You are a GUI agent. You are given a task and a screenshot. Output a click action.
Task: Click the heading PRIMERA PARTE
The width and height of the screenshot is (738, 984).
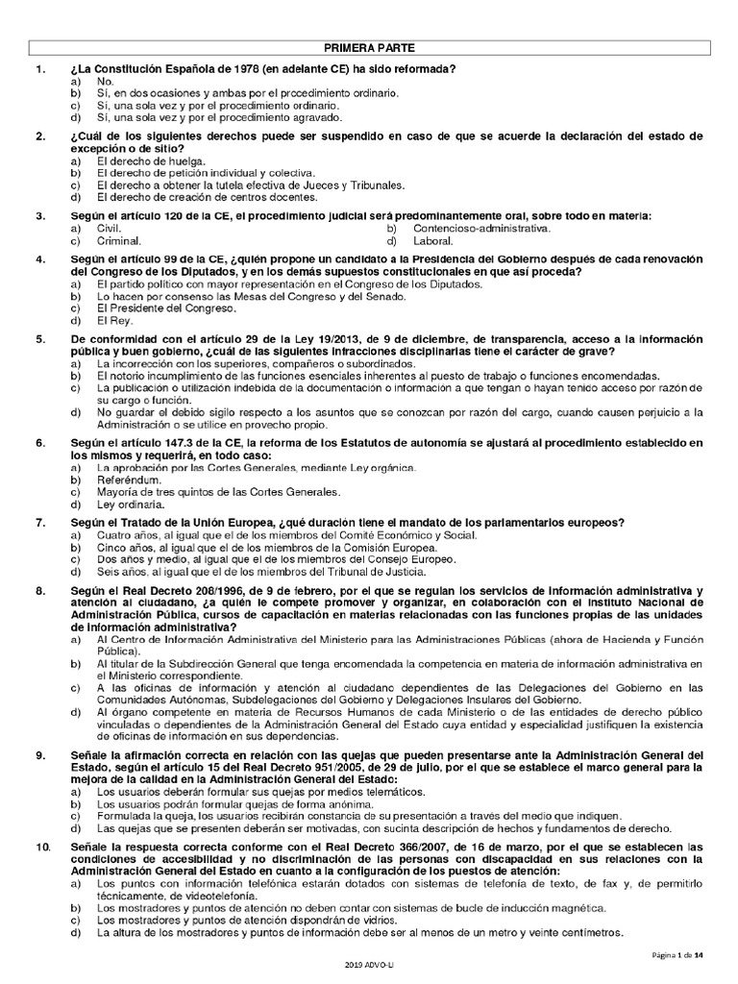pyautogui.click(x=368, y=47)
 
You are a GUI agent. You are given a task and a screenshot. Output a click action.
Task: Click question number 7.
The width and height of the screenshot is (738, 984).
pyautogui.click(x=39, y=522)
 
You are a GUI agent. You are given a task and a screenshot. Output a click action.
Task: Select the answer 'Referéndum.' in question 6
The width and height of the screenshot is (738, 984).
pyautogui.click(x=130, y=479)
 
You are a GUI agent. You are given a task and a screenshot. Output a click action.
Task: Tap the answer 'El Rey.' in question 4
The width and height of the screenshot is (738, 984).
pyautogui.click(x=115, y=321)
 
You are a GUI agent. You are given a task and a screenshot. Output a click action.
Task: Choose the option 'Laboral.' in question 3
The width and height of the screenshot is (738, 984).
pyautogui.click(x=433, y=241)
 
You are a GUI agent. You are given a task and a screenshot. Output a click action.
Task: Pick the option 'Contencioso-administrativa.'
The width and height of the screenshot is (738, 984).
pyautogui.click(x=481, y=229)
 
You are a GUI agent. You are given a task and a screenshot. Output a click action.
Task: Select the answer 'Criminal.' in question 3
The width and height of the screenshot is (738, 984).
pyautogui.click(x=119, y=241)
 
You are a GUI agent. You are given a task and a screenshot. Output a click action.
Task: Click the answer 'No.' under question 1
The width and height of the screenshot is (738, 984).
pyautogui.click(x=106, y=82)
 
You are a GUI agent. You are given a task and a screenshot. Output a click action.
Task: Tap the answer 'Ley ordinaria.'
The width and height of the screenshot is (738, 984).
pyautogui.click(x=132, y=504)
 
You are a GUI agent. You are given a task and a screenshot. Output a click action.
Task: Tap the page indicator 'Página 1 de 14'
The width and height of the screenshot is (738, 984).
pyautogui.click(x=676, y=954)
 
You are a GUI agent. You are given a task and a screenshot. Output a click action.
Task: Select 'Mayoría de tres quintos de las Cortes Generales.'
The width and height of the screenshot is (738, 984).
pyautogui.click(x=219, y=491)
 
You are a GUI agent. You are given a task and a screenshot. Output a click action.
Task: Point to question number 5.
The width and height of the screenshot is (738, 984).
pyautogui.click(x=39, y=339)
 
